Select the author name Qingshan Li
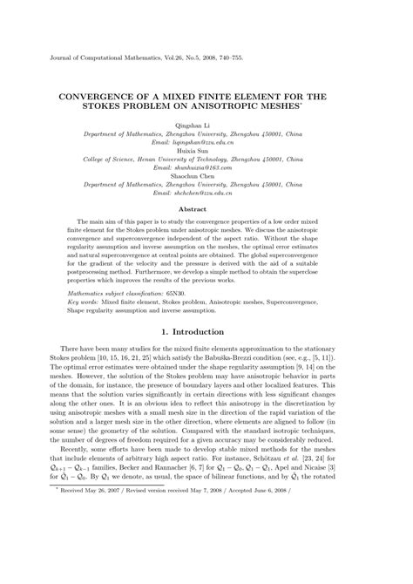[x=206, y=126]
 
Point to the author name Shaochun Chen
[x=206, y=177]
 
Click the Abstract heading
[x=206, y=209]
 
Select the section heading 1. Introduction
[x=206, y=331]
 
